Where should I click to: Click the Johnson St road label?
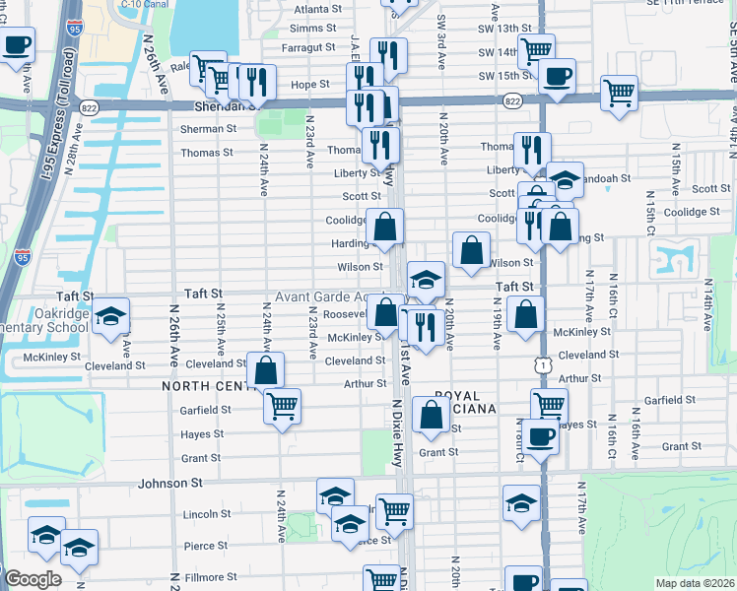[x=169, y=484]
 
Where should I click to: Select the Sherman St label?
[x=208, y=128]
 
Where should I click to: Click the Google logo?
[x=33, y=579]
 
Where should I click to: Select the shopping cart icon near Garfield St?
[x=283, y=405]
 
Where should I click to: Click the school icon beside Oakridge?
[x=111, y=316]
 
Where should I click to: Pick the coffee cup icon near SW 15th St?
[x=557, y=76]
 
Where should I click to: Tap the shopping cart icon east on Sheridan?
[x=619, y=94]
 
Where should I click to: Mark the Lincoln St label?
[x=207, y=514]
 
